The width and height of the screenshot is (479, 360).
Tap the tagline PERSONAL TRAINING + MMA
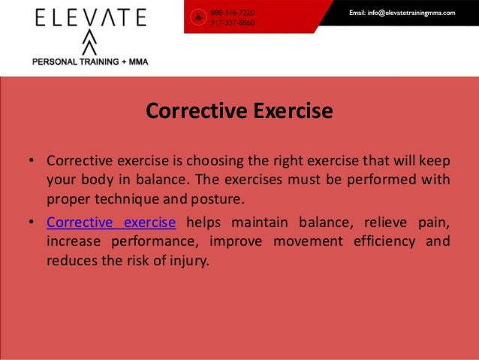pyautogui.click(x=89, y=62)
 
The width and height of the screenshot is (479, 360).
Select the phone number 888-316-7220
pyautogui.click(x=233, y=13)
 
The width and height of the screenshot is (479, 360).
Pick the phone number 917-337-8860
pyautogui.click(x=233, y=23)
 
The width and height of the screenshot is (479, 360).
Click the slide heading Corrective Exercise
pyautogui.click(x=239, y=112)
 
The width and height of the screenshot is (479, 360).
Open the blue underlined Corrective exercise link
pyautogui.click(x=111, y=222)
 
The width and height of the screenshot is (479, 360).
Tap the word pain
pyautogui.click(x=433, y=222)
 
